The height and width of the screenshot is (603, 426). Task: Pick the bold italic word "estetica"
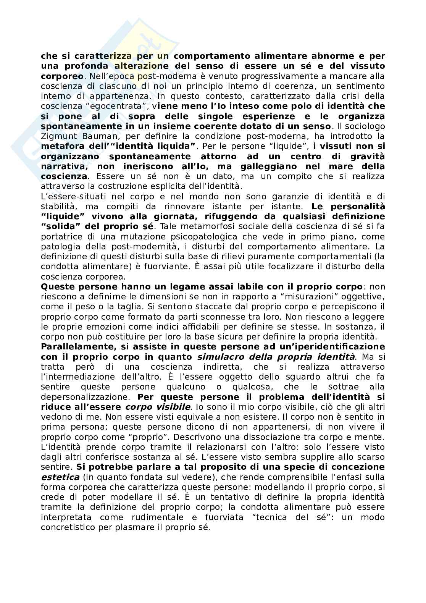click(60, 477)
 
